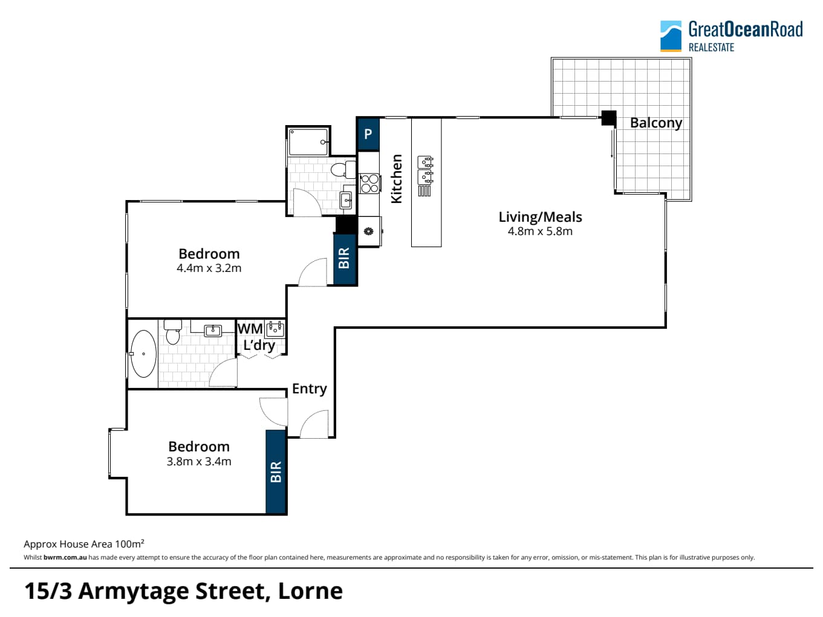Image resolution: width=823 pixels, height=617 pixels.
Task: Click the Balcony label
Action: [x=655, y=123]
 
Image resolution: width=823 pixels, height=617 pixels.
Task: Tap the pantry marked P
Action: [x=368, y=134]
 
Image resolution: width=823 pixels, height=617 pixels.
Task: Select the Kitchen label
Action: [x=396, y=179]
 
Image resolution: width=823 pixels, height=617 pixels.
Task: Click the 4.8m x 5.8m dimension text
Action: [x=540, y=231]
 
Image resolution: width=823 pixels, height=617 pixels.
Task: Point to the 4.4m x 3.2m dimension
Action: [x=209, y=268]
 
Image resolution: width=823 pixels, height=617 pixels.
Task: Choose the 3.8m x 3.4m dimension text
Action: [x=199, y=461]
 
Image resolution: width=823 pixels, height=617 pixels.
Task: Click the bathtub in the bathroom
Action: [x=143, y=354]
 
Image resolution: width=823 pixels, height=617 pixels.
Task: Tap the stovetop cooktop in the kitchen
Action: [x=369, y=184]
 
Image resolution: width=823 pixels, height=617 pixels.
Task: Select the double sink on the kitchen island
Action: [x=425, y=170]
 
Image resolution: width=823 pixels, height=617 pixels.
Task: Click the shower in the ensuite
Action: [x=308, y=141]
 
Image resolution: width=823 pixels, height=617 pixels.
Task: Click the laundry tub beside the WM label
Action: [x=275, y=329]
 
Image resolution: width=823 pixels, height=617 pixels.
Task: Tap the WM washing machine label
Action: [x=250, y=329]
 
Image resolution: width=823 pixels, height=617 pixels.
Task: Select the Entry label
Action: [x=310, y=389]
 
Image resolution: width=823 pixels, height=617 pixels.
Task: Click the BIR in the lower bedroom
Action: [x=276, y=471]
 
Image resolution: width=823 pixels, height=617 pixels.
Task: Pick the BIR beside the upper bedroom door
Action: [x=344, y=259]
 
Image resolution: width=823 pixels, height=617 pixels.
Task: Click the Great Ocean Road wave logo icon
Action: [x=671, y=36]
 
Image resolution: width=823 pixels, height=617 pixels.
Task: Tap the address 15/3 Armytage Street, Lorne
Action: [x=183, y=591]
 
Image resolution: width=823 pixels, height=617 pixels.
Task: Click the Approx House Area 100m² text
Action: [x=84, y=543]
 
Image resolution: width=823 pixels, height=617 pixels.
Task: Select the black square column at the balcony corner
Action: [x=609, y=118]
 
